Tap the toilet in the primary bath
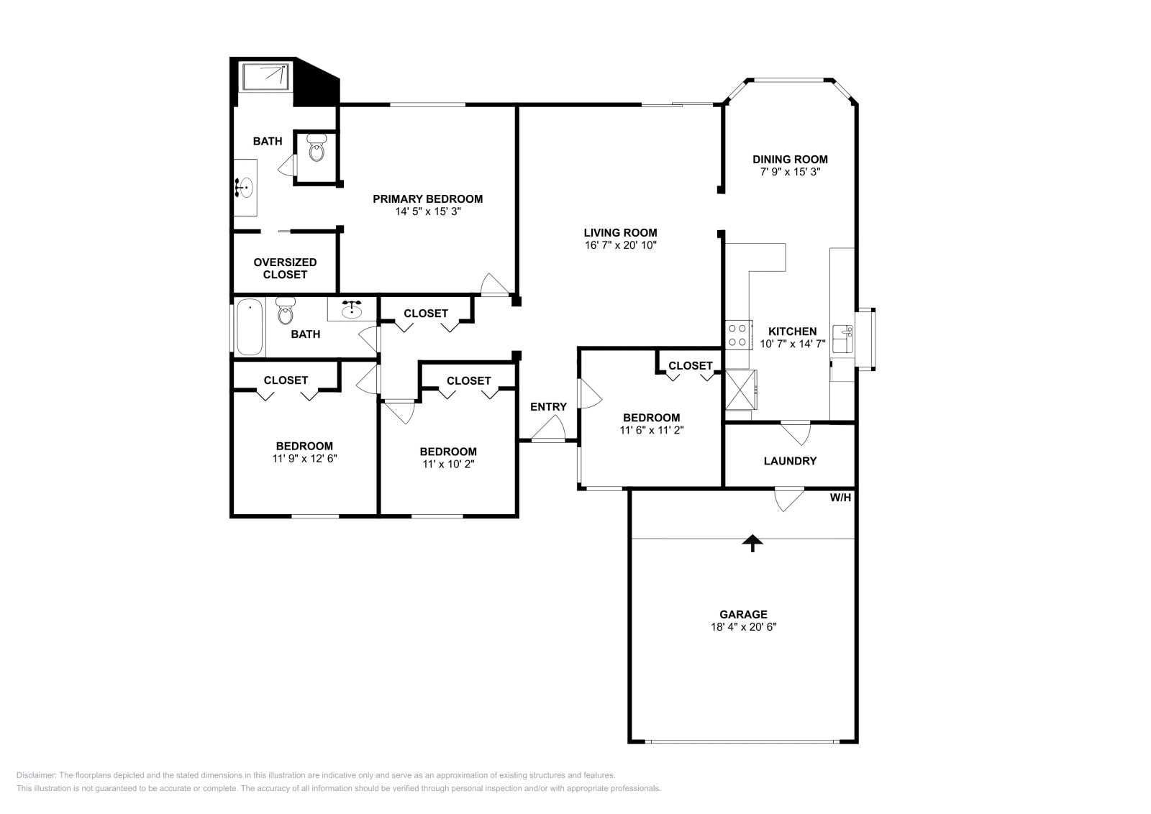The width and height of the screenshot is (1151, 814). [x=316, y=150]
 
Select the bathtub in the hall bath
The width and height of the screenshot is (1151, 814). [x=250, y=327]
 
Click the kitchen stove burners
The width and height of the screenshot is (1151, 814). [x=738, y=334]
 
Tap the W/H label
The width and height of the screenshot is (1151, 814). [x=840, y=497]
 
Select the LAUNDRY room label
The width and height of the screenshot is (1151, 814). [x=790, y=461]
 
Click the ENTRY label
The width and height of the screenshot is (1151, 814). [x=548, y=407]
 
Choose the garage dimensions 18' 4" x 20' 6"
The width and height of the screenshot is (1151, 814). [x=743, y=627]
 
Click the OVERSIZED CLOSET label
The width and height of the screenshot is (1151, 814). [x=285, y=268]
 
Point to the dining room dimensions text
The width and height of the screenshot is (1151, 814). [x=790, y=172]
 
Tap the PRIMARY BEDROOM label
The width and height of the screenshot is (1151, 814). [x=427, y=199]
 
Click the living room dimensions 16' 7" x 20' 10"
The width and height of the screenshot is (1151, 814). [x=620, y=245]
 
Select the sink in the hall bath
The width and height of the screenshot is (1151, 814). [x=352, y=309]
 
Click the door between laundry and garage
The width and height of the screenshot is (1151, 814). [x=788, y=498]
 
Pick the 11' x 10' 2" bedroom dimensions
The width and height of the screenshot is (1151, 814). [x=448, y=464]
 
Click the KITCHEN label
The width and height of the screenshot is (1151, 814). [x=792, y=331]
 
